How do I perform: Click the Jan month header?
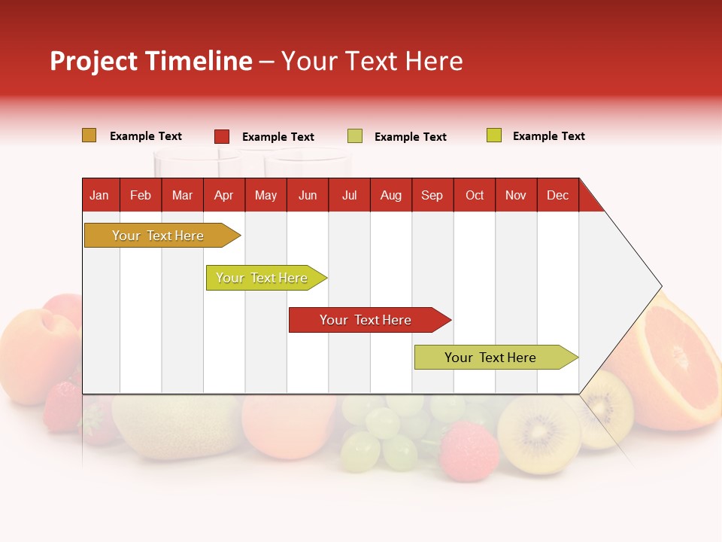[100, 196]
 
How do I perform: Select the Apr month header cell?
[224, 196]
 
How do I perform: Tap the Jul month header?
[349, 196]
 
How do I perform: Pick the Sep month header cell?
[432, 196]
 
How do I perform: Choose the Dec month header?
[557, 196]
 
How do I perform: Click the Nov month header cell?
[516, 196]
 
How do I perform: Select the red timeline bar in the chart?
[367, 320]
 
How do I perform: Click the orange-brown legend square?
[89, 135]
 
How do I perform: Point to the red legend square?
[221, 136]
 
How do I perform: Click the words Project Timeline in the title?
[150, 61]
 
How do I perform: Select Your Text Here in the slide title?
[372, 61]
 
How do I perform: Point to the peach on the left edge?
[34, 343]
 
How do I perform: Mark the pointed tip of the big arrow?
[660, 286]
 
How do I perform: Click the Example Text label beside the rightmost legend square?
[548, 136]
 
